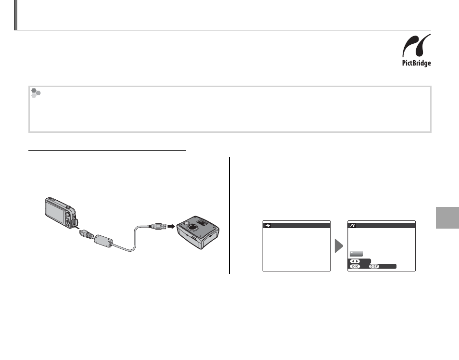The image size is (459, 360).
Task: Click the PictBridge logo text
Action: point(416,63)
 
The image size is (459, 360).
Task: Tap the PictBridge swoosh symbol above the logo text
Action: point(416,46)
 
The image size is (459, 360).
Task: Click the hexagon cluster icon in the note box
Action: point(36,93)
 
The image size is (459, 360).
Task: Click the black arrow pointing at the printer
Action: point(171,226)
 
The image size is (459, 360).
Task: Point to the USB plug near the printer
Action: point(158,226)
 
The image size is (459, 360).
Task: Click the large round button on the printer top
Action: point(192,227)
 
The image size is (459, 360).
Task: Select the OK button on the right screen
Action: point(355,267)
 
